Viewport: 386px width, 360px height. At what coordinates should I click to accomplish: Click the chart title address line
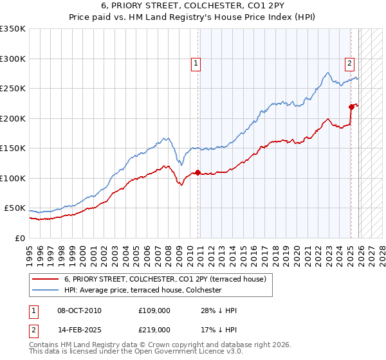tap(193, 6)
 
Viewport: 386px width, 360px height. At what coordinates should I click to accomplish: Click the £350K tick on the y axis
tap(13, 29)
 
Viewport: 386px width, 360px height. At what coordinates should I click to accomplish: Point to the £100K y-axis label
tap(13, 179)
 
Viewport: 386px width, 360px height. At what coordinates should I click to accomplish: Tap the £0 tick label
tap(21, 239)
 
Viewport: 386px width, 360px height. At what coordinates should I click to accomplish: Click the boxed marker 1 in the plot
tap(195, 63)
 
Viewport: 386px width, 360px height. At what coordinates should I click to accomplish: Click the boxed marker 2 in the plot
tap(349, 63)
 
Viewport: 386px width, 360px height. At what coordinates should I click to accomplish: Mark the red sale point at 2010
tap(198, 173)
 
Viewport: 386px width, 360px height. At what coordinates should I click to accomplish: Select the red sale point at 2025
tap(351, 107)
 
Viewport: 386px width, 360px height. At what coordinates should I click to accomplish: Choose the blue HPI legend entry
tap(142, 291)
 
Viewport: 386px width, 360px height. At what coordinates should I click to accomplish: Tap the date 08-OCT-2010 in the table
tap(79, 310)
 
